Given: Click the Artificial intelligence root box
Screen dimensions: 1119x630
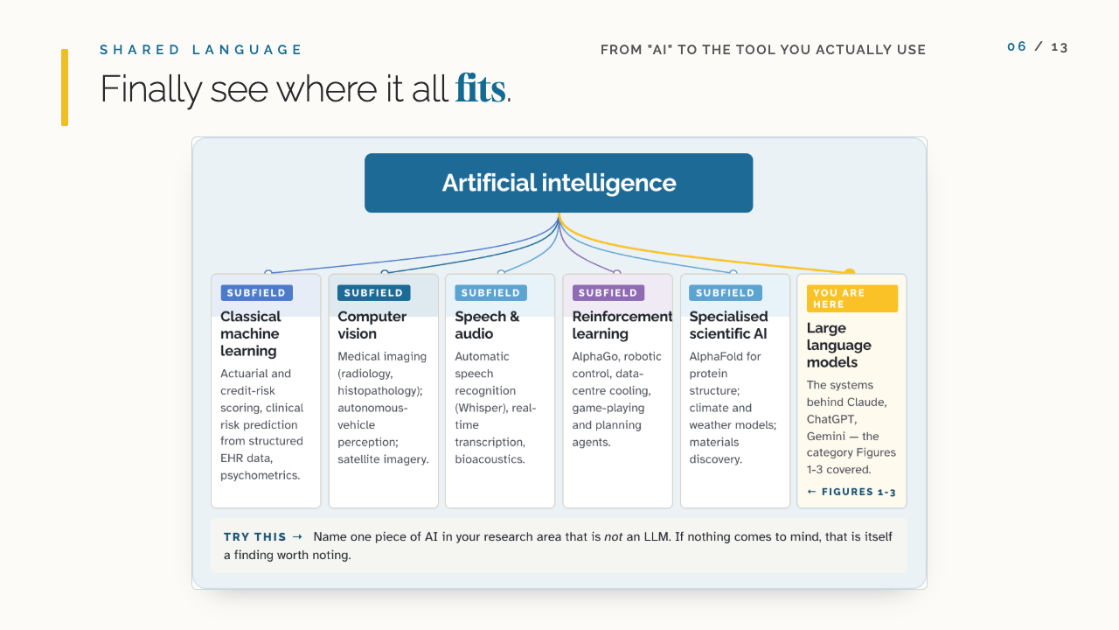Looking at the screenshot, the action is [x=559, y=183].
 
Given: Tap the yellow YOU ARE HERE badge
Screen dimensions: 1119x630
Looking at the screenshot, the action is [x=851, y=298].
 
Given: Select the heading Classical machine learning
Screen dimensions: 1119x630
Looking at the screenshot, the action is [x=251, y=333].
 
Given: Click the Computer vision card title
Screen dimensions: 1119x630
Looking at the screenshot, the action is [x=372, y=325].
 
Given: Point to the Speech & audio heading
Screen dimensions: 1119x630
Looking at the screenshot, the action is [x=487, y=325].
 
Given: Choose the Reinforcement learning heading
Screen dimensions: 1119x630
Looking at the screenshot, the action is [x=622, y=325].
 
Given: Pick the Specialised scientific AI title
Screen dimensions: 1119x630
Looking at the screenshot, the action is [x=728, y=325].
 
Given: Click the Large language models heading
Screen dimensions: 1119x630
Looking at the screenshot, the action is [x=838, y=345].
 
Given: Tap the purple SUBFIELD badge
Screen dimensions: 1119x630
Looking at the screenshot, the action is [x=608, y=292].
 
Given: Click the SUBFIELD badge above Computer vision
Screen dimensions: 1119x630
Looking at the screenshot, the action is [x=373, y=292].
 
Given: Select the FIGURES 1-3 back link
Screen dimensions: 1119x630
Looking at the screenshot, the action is [x=851, y=492].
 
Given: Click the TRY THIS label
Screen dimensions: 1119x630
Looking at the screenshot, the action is [x=254, y=537].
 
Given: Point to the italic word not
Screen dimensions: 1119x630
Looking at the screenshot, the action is [x=613, y=537].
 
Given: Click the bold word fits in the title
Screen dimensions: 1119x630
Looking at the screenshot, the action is [x=480, y=89].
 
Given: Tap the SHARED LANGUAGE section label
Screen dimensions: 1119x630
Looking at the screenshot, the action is [x=201, y=50].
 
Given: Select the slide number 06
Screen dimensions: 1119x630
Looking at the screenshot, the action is [x=1017, y=47].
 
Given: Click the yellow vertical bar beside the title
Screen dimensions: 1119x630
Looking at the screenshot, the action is [x=65, y=87].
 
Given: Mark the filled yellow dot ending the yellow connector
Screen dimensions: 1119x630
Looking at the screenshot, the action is [x=849, y=272].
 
